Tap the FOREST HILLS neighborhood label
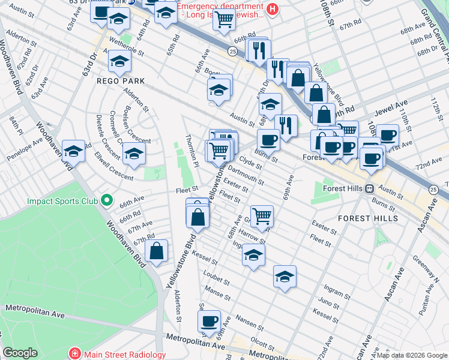coord(367,218)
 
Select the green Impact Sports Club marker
coord(106,200)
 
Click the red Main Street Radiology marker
coord(75,354)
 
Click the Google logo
coord(20,353)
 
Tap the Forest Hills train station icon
coord(370,188)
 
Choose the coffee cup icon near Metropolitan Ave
coord(209,321)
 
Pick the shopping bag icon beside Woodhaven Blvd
coord(156,252)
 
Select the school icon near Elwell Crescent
coord(134,153)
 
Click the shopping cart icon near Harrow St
coord(262,215)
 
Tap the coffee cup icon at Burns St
coord(268,140)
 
